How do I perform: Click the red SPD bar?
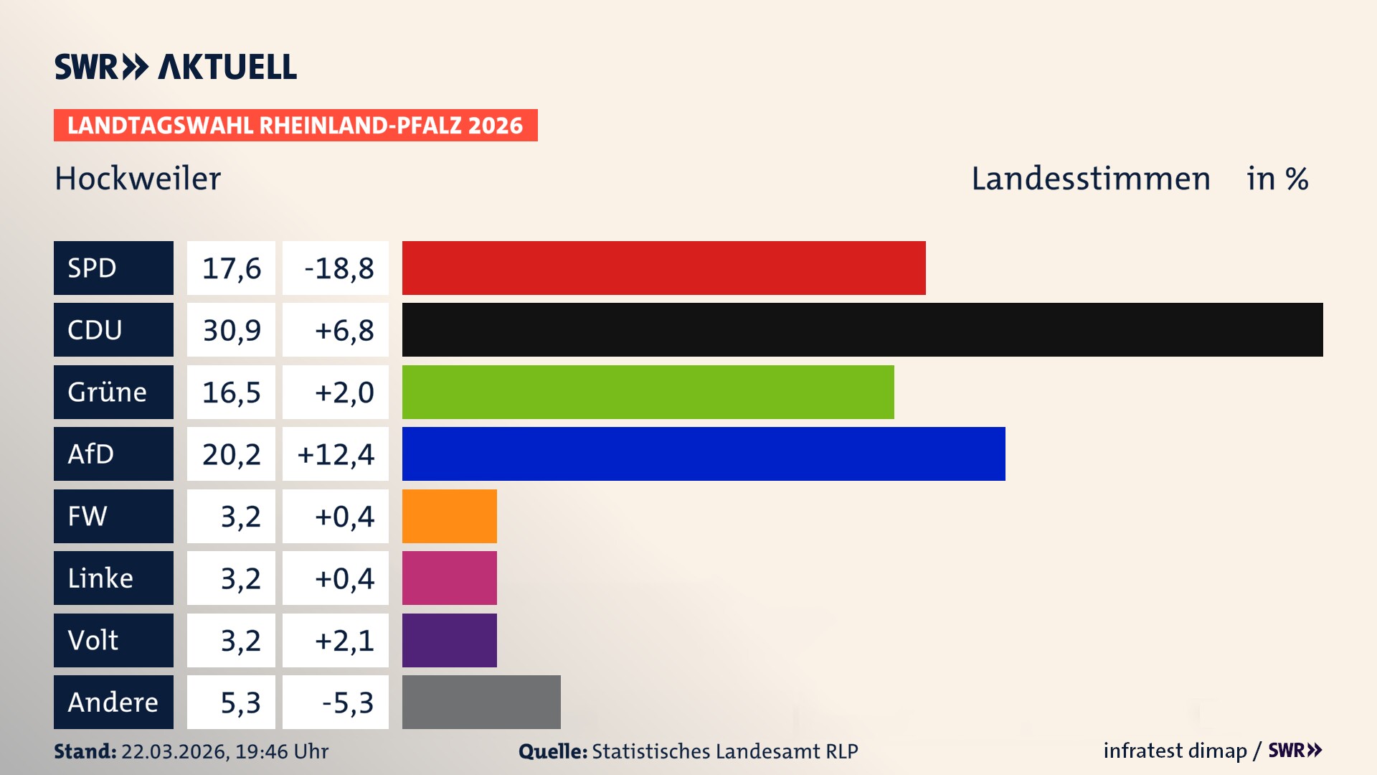coord(663,268)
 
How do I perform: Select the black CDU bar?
coord(862,330)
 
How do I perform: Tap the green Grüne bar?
coord(648,392)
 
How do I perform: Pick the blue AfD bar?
coord(703,454)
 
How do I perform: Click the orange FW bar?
coord(449,516)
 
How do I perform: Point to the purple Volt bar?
coord(449,640)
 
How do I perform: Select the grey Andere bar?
coord(481,702)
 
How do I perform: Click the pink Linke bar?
coord(449,578)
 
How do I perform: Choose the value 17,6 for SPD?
coord(231,268)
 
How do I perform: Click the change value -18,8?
coord(339,268)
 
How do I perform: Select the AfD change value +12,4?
coord(336,454)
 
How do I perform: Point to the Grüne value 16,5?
coord(231,393)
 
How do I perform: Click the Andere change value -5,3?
coord(347,703)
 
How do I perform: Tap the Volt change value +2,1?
coord(344,640)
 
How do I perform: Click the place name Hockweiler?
coord(138,179)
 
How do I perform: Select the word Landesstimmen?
coord(1090,179)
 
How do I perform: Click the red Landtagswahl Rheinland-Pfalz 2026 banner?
coord(295,126)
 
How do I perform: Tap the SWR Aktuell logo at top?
coord(176,67)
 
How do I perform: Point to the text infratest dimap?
coord(1175,751)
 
